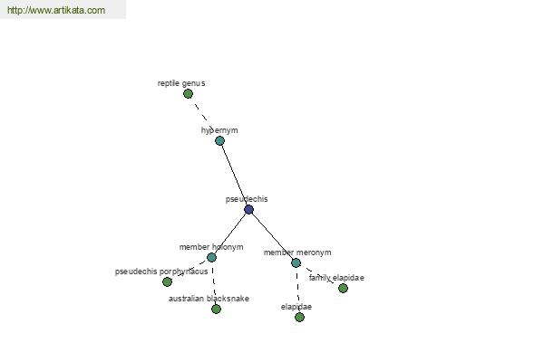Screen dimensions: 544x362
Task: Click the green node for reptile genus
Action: (188, 93)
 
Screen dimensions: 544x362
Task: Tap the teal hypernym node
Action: (219, 140)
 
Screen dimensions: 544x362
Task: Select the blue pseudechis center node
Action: (248, 209)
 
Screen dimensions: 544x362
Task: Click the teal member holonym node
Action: (211, 257)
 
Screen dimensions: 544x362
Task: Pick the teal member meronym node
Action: (296, 263)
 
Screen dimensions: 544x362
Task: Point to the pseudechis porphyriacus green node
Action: (167, 281)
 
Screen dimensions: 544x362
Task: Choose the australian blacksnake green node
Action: (216, 309)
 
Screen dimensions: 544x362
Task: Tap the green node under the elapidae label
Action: (299, 317)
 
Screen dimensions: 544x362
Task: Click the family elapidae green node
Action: (343, 288)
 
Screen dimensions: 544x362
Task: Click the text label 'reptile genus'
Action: (181, 83)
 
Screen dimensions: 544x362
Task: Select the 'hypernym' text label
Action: (219, 130)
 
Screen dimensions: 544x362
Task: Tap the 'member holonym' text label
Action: (211, 247)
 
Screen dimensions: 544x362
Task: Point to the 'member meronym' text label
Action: (297, 252)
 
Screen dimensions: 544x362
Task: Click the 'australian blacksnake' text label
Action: (209, 299)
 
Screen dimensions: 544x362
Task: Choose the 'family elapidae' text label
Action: (336, 278)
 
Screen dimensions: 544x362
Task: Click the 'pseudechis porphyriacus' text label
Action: (161, 271)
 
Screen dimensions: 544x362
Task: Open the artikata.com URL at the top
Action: (56, 10)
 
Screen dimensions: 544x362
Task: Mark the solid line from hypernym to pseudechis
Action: (234, 175)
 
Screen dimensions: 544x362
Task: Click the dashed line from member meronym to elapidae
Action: (297, 290)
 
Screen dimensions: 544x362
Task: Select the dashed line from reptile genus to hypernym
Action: (204, 117)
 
